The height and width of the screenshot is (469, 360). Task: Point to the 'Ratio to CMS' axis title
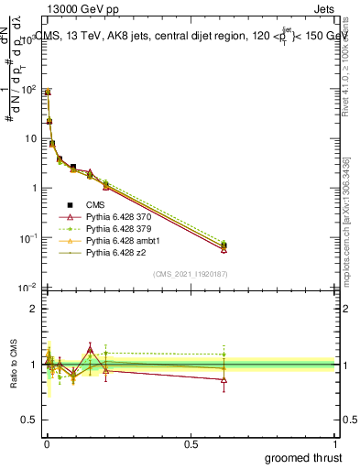click(13, 367)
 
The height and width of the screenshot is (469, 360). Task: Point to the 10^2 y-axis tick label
click(27, 88)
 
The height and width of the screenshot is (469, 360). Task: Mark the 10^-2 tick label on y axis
click(27, 288)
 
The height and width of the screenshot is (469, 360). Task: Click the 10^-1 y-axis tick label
click(27, 238)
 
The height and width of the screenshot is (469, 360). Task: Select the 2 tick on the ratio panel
click(33, 310)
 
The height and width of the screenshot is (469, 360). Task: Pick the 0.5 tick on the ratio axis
click(28, 420)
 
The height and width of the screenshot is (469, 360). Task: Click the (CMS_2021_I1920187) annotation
click(190, 274)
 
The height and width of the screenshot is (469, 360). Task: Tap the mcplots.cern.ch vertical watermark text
click(348, 220)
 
